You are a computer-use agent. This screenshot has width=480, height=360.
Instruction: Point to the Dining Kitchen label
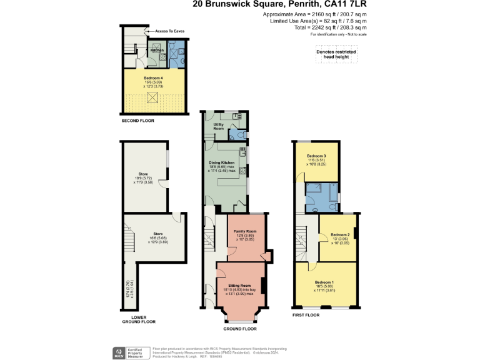(222, 162)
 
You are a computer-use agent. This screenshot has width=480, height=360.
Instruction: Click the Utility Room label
(219, 126)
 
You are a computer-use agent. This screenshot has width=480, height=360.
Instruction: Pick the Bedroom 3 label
(316, 156)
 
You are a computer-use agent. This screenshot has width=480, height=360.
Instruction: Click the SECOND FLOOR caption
(138, 120)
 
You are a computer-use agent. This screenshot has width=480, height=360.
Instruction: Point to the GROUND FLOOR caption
(241, 328)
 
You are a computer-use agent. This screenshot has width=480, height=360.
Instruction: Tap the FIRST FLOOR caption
(306, 314)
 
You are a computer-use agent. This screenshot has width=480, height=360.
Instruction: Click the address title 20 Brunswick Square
(238, 5)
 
